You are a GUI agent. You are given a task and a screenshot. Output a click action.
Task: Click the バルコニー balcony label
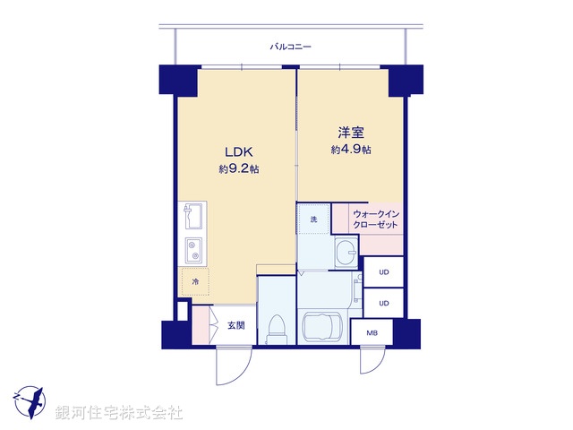click(x=290, y=46)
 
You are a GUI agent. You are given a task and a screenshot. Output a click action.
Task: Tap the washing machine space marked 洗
click(x=313, y=219)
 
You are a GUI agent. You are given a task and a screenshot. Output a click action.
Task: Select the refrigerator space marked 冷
click(x=194, y=281)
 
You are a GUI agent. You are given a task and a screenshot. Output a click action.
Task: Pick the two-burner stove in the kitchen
click(x=192, y=248)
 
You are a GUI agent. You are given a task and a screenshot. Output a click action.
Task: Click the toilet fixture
click(x=277, y=327)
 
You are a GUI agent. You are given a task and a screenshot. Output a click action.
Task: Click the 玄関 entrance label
click(x=235, y=325)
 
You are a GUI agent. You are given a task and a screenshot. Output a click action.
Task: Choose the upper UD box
click(x=383, y=271)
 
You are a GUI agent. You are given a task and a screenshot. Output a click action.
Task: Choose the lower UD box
click(x=383, y=303)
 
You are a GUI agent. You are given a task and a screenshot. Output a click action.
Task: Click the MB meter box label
click(x=372, y=333)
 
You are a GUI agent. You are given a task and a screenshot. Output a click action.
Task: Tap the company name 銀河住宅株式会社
click(x=119, y=412)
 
